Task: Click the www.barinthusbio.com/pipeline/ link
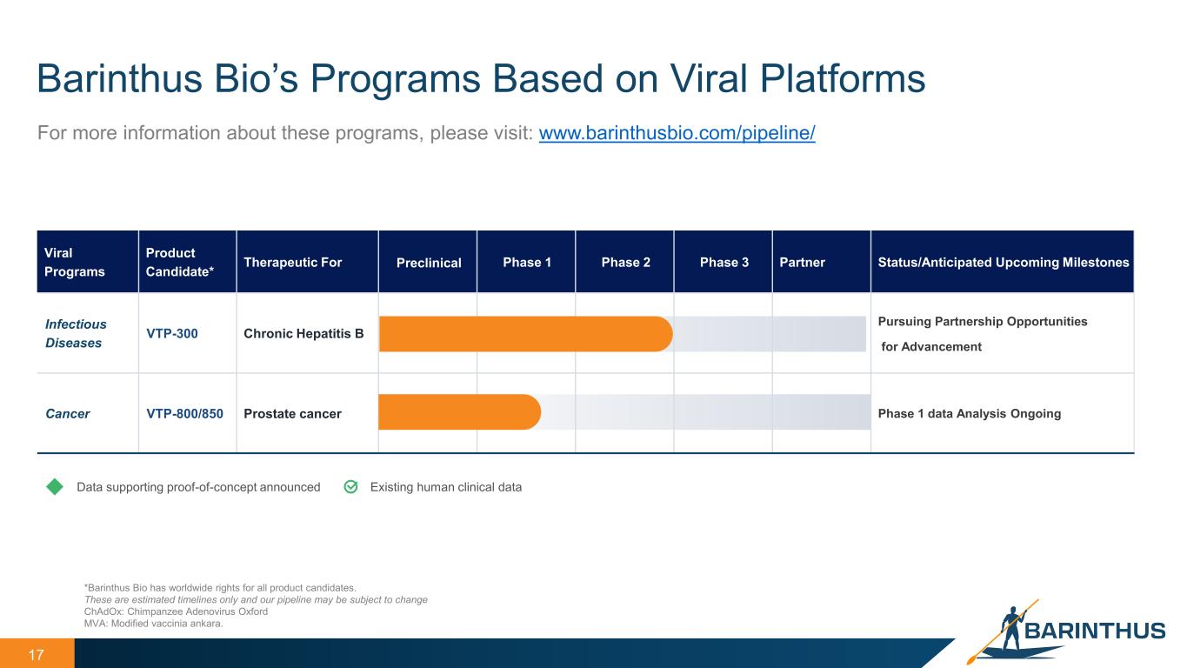click(677, 133)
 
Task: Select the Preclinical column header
click(429, 263)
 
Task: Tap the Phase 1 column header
click(527, 262)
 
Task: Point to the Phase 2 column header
click(625, 262)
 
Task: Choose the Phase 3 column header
click(724, 262)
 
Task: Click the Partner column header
click(802, 262)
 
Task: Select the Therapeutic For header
click(292, 262)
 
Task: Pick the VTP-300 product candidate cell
click(171, 333)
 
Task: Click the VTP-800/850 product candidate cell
click(184, 413)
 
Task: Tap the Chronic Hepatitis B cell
click(303, 333)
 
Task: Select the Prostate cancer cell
click(292, 413)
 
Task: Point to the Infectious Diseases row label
click(76, 333)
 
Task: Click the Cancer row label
click(67, 413)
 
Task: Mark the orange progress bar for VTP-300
click(525, 334)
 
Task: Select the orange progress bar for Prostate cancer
click(459, 412)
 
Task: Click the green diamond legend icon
click(55, 487)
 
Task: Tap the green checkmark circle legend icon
click(350, 487)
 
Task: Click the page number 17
click(36, 655)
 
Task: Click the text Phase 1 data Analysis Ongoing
click(970, 413)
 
